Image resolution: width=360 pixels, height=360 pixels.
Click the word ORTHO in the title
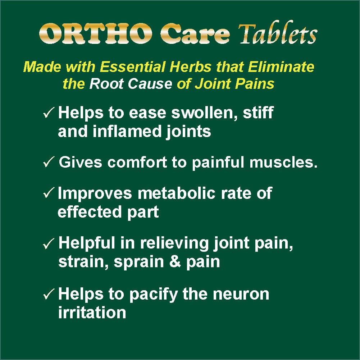[x=96, y=33]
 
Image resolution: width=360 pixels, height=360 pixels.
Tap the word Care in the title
[x=195, y=33]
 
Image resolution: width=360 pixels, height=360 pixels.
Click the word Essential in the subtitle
[x=132, y=67]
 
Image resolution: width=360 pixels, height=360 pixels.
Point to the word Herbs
[x=190, y=67]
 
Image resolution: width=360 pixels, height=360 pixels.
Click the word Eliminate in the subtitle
[x=281, y=67]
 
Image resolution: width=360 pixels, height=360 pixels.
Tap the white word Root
[x=106, y=83]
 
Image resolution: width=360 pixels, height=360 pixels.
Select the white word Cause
[x=150, y=83]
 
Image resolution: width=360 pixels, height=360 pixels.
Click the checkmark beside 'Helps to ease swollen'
[x=49, y=113]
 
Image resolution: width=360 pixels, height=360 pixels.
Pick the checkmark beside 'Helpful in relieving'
[x=49, y=243]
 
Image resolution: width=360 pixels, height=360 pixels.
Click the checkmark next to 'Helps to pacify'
[x=49, y=294]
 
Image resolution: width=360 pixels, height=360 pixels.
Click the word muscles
[x=283, y=162]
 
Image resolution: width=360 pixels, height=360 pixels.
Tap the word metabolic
[x=177, y=193]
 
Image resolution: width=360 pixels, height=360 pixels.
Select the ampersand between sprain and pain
[x=175, y=261]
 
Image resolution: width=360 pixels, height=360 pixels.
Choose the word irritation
[x=92, y=312]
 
